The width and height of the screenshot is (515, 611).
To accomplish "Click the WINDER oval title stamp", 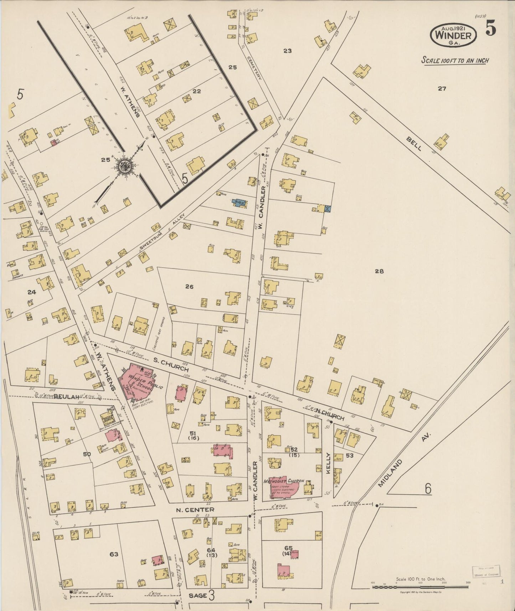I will point(453,35).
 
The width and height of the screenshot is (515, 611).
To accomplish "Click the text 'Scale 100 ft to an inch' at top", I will point(455,60).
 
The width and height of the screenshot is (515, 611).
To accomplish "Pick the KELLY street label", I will point(328,463).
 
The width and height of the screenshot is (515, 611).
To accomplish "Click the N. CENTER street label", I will point(195,510).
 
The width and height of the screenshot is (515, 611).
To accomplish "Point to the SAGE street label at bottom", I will point(198,595).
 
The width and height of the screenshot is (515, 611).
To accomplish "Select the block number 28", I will point(379,271).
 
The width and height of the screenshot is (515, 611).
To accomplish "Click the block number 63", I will point(114,554).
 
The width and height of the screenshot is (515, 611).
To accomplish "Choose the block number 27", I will point(442,89).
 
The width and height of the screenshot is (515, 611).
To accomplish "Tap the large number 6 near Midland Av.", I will point(428,489).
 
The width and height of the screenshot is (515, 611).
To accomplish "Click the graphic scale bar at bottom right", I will point(421,587).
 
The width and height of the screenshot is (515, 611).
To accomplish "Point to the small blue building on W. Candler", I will point(239,203).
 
